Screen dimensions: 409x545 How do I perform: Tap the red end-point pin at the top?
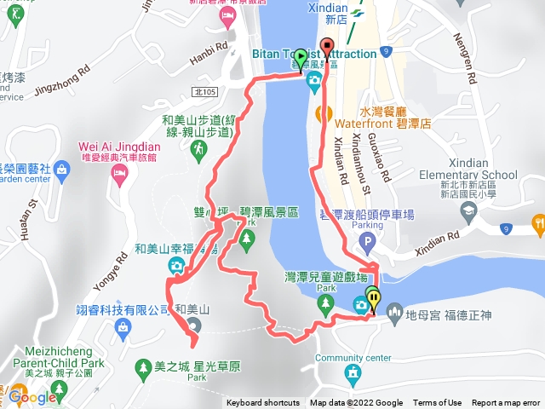pos(327,48)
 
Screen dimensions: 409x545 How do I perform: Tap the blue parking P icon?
pos(368,245)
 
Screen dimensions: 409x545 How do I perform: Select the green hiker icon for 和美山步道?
pos(198,149)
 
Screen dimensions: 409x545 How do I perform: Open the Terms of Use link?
pos(437,403)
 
